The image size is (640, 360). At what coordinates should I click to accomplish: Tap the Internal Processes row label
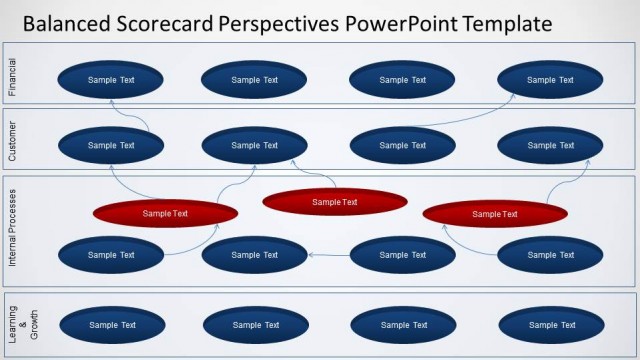13,230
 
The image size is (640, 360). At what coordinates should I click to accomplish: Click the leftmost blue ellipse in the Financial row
111,80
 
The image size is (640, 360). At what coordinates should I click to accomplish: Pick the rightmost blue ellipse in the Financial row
550,80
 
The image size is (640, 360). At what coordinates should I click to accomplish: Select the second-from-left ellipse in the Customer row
254,145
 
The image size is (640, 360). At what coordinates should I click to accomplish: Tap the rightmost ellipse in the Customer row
550,145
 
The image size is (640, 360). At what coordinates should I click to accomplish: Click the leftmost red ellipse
165,213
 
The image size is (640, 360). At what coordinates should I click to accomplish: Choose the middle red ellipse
335,202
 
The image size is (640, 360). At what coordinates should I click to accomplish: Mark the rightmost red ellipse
495,214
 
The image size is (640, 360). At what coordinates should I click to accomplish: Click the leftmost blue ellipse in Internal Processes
111,255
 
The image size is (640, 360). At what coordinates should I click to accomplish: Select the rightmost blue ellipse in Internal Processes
550,255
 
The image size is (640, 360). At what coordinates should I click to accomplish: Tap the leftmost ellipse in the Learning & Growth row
112,325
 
